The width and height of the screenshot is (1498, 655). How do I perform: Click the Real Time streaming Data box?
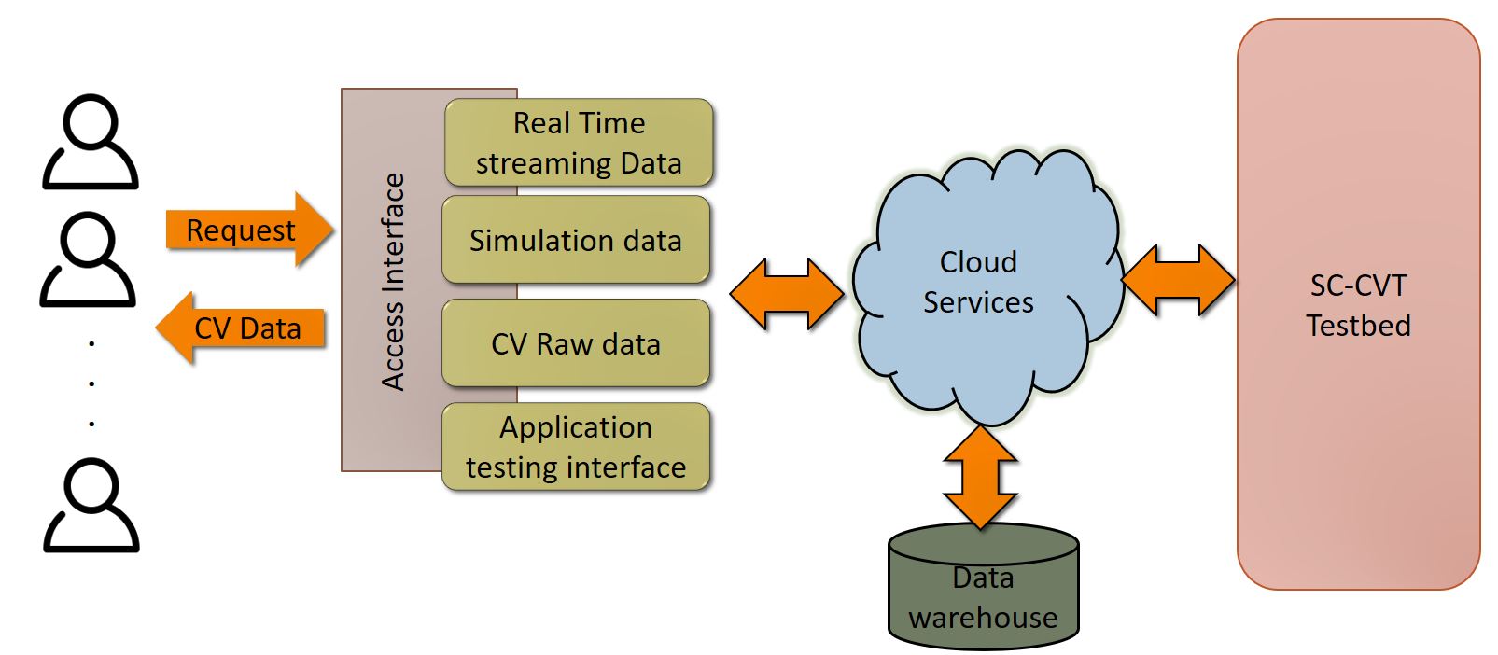[579, 143]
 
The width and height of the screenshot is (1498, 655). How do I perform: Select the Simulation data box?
[576, 241]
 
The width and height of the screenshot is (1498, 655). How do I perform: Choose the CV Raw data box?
[576, 343]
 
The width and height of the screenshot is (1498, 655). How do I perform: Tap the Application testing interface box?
[576, 447]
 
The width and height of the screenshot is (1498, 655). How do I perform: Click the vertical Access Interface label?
[393, 281]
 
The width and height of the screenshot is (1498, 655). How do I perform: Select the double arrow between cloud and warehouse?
[980, 477]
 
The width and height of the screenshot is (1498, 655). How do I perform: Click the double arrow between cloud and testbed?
[1178, 280]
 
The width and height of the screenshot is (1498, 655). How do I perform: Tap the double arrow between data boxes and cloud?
[786, 294]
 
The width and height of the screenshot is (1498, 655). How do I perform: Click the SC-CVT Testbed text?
[1358, 305]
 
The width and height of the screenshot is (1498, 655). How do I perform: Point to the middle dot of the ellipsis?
[91, 383]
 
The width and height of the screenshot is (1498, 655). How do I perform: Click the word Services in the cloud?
[978, 302]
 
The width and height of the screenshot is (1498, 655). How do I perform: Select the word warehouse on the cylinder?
[983, 618]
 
